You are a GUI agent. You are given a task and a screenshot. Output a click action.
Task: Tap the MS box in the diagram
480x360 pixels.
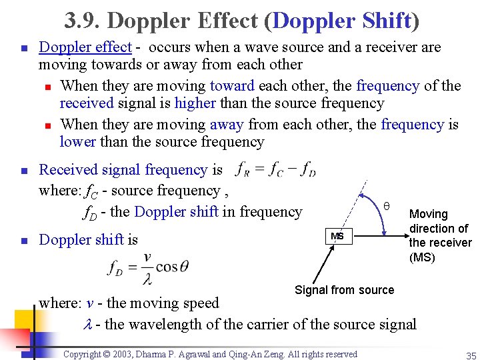tap(337, 236)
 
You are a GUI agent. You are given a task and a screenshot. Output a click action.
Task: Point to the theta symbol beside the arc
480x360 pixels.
tap(387, 206)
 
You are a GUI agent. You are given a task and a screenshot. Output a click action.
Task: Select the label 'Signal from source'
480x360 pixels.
tap(344, 290)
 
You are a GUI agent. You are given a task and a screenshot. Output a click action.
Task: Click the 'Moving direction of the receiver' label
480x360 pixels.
tap(439, 236)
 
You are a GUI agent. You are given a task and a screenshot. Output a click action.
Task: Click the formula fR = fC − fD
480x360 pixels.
tap(275, 170)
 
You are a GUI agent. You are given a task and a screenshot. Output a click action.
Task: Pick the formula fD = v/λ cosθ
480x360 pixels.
tap(148, 267)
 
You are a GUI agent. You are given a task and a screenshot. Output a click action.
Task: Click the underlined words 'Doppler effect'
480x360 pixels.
tap(85, 47)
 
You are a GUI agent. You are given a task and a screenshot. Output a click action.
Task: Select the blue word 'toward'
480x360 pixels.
tap(232, 86)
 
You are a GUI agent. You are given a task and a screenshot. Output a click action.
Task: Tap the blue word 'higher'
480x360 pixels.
tap(195, 103)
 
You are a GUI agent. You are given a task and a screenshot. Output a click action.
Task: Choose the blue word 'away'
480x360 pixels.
tap(227, 125)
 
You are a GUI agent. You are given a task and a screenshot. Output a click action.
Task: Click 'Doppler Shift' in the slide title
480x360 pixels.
tap(342, 21)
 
